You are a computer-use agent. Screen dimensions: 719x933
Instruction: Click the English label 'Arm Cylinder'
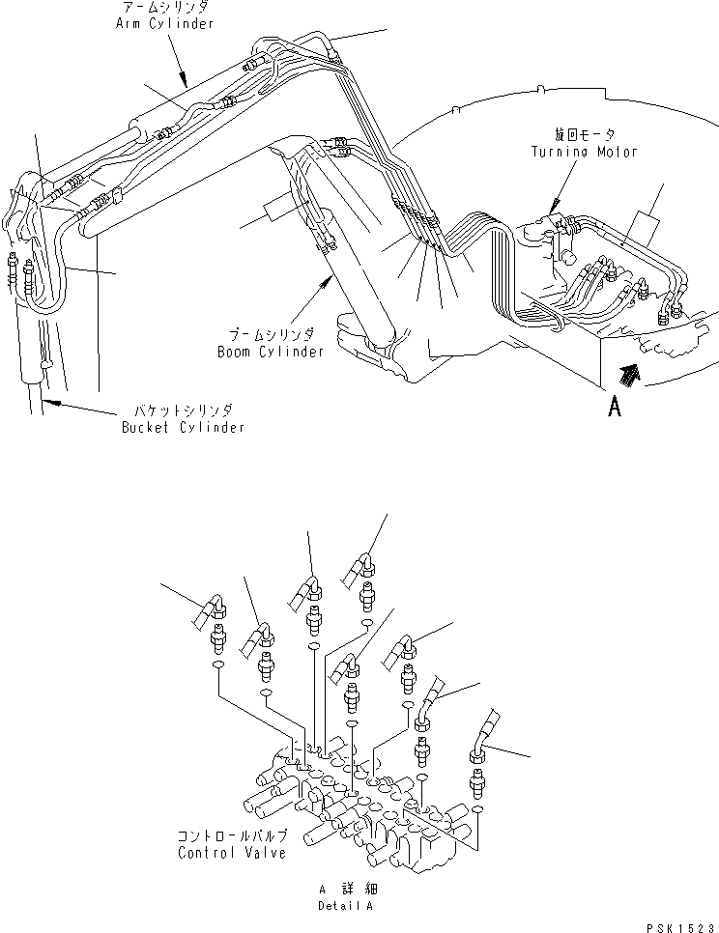164,24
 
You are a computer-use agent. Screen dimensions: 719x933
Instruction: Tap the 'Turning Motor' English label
584,152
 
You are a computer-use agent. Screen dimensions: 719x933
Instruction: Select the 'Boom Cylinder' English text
271,352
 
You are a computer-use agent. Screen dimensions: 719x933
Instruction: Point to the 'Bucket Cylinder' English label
184,427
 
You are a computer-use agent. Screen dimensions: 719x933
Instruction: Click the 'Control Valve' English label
232,853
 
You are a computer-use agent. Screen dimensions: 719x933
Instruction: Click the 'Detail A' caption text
345,906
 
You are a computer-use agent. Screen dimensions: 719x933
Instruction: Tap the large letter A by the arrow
615,407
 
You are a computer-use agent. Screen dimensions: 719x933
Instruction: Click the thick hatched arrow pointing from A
629,376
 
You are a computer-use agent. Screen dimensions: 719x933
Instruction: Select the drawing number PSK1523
680,927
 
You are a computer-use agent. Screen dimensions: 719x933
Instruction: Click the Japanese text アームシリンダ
165,7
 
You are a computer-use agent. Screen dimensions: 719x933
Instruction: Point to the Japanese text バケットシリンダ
184,410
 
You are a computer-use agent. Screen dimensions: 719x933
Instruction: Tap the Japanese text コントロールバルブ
233,835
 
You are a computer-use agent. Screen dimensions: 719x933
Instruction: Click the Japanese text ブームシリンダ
272,334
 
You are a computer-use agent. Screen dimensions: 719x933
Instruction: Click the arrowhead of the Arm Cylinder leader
184,81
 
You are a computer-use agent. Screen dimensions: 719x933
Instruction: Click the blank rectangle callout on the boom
276,211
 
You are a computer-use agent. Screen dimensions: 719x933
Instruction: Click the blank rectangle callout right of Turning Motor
647,225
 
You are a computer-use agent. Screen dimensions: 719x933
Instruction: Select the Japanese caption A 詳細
348,889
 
